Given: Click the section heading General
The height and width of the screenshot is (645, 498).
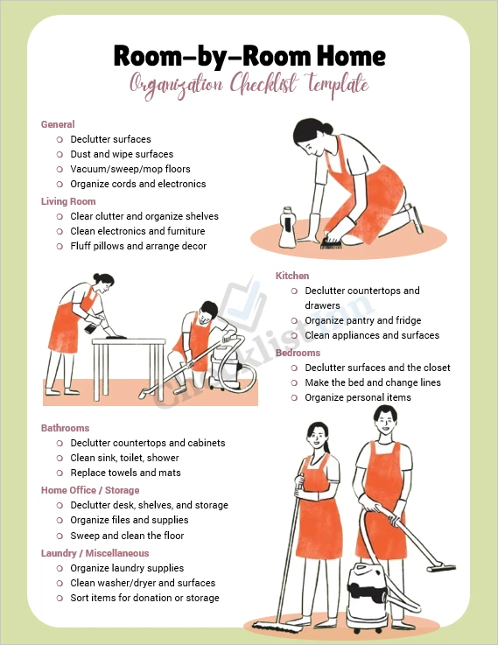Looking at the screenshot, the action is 58,124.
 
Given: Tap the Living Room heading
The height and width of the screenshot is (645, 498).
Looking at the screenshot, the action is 68,201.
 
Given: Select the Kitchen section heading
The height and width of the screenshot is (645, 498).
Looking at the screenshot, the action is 292,276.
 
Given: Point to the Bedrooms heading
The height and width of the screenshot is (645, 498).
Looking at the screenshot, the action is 298,353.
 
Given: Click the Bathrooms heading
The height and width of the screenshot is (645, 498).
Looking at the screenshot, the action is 65,428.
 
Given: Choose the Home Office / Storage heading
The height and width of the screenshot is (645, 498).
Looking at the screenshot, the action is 90,490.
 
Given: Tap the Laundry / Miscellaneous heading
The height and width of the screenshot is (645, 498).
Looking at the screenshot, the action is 95,553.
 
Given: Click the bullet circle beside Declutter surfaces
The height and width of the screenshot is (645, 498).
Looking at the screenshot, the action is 60,139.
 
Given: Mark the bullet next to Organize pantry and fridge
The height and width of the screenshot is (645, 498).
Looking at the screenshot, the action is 294,320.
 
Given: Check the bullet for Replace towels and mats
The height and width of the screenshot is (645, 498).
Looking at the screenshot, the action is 60,473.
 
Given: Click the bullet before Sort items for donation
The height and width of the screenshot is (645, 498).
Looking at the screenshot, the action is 60,598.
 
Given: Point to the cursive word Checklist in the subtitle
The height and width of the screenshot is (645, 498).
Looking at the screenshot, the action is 263,84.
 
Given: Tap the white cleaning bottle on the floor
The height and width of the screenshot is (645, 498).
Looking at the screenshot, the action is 287,228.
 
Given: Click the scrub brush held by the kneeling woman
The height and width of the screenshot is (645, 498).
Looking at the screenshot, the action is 330,242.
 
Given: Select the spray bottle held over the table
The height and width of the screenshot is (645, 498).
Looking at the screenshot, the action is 91,326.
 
